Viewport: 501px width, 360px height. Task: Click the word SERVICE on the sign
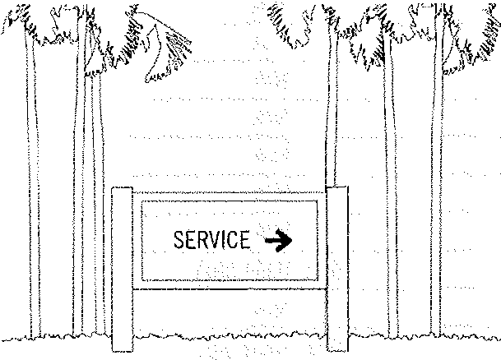[212, 239]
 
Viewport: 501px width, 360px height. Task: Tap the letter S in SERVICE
[179, 239]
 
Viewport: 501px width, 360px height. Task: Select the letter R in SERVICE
[202, 239]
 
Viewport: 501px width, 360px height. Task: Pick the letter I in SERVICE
[224, 239]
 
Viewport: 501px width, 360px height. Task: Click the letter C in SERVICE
[232, 239]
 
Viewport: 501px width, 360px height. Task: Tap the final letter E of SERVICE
[245, 239]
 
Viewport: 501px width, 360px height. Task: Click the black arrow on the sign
[279, 240]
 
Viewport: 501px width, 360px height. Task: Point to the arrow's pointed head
[292, 240]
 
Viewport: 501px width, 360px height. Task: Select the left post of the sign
[122, 269]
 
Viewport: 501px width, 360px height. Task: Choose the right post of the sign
[337, 269]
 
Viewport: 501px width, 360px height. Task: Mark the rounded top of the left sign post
[122, 188]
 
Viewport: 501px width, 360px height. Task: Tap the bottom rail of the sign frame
[230, 288]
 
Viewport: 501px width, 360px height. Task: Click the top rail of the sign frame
[230, 192]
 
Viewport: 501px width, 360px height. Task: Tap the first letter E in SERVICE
[190, 239]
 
